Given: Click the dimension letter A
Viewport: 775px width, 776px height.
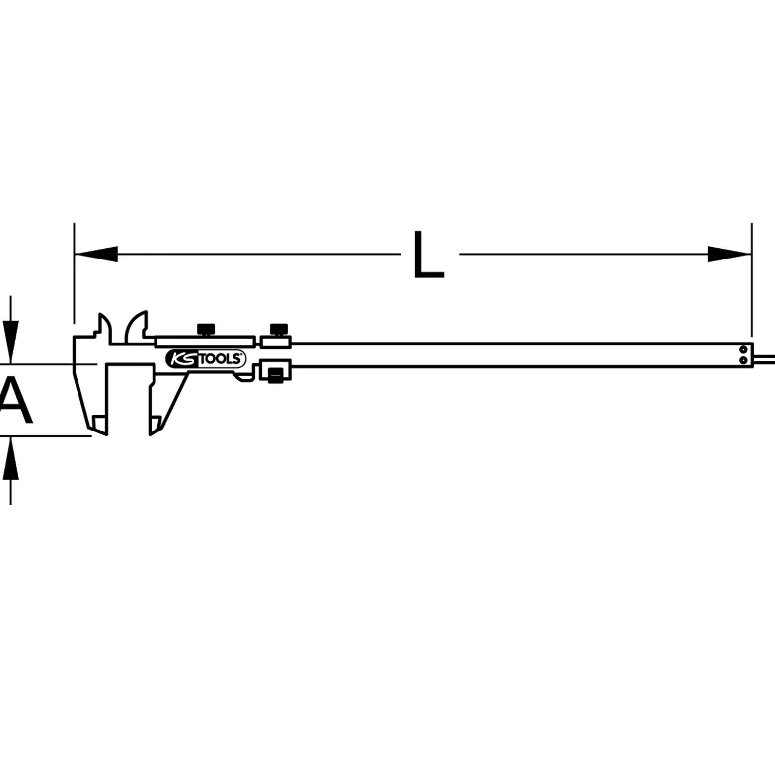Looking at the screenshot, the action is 15,400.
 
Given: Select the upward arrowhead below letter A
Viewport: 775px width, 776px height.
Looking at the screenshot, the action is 11,458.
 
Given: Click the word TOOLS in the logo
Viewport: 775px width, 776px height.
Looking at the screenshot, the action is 220,359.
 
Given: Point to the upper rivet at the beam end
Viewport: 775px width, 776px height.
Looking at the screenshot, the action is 743,349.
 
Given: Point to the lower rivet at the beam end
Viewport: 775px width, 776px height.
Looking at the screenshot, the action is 743,360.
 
